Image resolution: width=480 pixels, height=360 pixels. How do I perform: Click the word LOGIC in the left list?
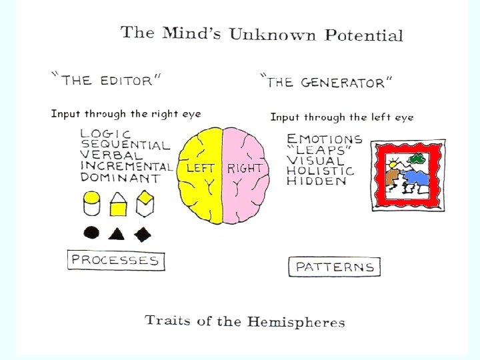pyautogui.click(x=105, y=133)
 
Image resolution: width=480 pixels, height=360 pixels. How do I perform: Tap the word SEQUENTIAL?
pyautogui.click(x=125, y=145)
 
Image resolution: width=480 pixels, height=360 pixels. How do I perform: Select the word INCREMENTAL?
pyautogui.click(x=127, y=167)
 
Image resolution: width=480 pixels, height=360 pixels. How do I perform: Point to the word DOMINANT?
pyautogui.click(x=120, y=178)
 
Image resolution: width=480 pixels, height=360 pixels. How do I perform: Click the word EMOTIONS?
pyautogui.click(x=325, y=139)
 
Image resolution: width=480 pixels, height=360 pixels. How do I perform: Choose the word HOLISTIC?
pyautogui.click(x=321, y=171)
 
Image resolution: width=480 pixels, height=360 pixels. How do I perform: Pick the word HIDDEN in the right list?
pyautogui.click(x=317, y=181)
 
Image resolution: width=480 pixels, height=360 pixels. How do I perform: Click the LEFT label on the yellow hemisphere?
pyautogui.click(x=200, y=168)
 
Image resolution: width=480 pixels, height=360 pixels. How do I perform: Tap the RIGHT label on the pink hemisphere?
pyautogui.click(x=245, y=168)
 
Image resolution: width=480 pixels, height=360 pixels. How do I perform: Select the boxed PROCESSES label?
pyautogui.click(x=116, y=260)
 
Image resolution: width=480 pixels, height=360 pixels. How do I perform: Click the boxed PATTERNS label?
pyautogui.click(x=335, y=267)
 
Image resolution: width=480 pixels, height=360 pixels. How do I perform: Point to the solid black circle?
pyautogui.click(x=92, y=233)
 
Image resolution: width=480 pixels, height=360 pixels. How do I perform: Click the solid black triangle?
pyautogui.click(x=117, y=233)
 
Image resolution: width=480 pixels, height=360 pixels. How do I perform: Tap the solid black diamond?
pyautogui.click(x=143, y=233)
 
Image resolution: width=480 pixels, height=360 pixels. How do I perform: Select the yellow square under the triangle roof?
pyautogui.click(x=118, y=209)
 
